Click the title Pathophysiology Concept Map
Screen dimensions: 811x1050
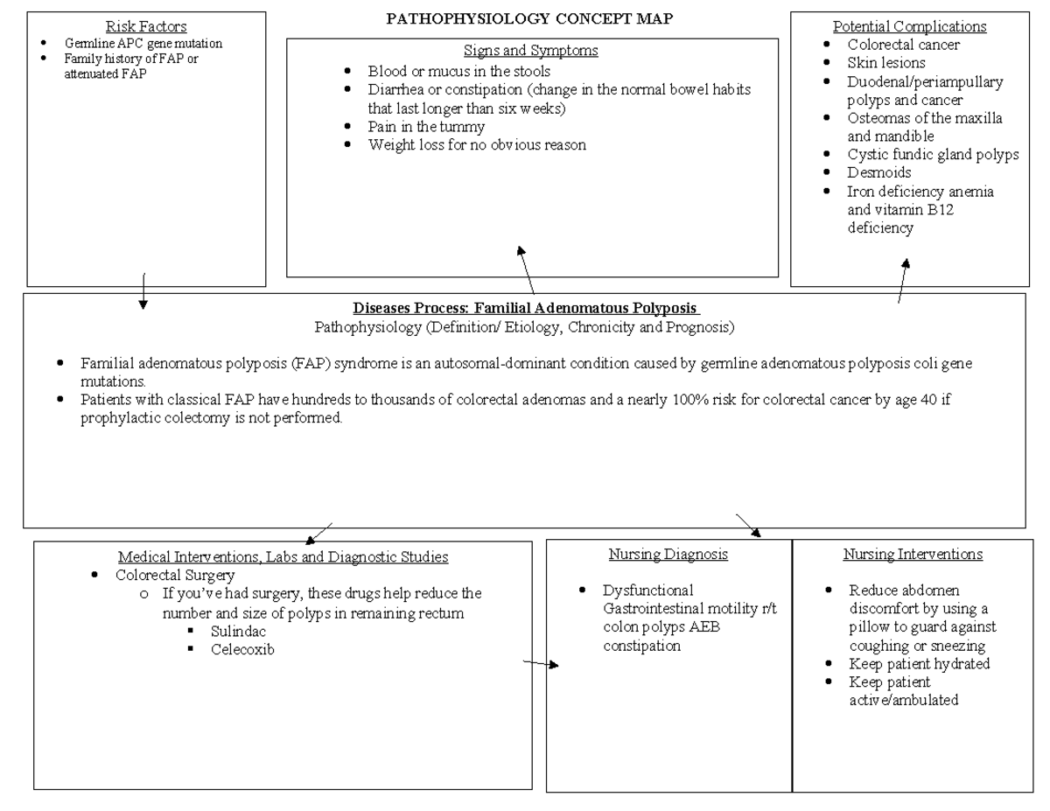point(529,19)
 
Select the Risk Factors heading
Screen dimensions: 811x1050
point(146,27)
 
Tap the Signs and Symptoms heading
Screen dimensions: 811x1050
point(531,51)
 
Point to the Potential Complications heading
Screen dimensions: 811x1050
point(909,26)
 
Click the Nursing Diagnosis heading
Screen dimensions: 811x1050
point(668,555)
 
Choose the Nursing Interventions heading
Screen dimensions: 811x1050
point(913,555)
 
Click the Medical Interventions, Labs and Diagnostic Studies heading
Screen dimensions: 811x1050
point(283,556)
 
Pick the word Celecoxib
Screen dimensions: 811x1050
point(242,649)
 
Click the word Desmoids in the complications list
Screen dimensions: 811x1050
point(878,172)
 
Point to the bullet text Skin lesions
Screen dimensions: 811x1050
point(885,63)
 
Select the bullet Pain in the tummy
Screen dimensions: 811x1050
point(426,127)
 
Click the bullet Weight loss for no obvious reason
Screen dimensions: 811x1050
point(476,145)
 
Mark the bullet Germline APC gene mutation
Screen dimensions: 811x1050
point(143,43)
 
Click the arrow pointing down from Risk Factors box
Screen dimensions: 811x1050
point(143,290)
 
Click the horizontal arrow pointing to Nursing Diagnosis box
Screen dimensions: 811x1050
point(540,664)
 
